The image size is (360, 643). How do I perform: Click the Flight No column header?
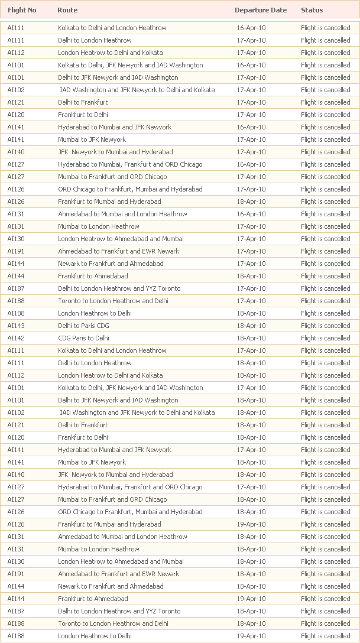22,10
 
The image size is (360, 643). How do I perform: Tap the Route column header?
67,10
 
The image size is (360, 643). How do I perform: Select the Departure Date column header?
261,10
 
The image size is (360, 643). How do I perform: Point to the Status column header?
312,10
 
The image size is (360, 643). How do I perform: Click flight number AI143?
16,326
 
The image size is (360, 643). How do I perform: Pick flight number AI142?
16,338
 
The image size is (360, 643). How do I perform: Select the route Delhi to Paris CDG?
83,326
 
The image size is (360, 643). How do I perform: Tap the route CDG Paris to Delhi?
83,338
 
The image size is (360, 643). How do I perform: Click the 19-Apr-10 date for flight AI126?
251,524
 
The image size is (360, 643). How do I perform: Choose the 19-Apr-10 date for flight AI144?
251,599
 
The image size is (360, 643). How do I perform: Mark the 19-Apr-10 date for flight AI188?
251,636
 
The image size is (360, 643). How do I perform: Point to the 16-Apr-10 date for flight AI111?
251,28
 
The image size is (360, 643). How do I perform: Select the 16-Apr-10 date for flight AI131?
251,214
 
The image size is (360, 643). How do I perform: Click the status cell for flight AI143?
325,326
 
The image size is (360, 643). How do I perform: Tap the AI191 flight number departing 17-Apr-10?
16,251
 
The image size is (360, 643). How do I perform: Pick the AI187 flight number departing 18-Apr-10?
16,611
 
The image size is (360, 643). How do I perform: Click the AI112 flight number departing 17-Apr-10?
16,53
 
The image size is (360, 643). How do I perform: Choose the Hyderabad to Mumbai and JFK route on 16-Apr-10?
115,127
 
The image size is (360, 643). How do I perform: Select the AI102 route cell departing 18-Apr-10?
137,413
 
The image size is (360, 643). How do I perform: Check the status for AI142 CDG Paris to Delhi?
325,338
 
